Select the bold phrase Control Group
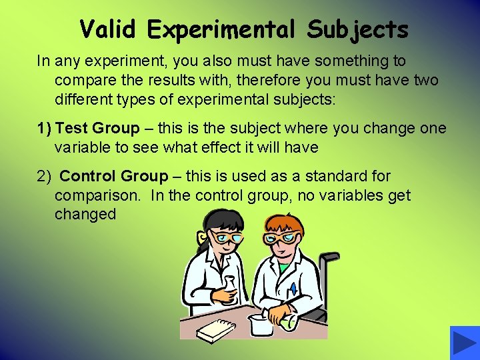[114, 177]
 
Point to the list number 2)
[44, 177]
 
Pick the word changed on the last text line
[85, 215]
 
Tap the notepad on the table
[215, 329]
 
